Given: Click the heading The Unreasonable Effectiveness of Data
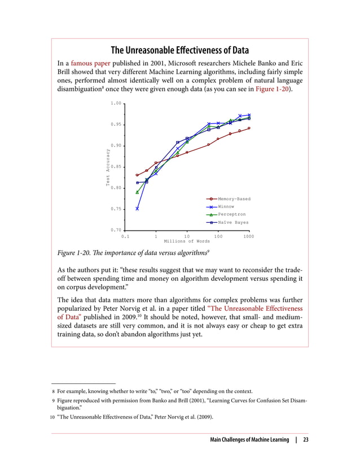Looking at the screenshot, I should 179,49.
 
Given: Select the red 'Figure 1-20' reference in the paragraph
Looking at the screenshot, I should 273,90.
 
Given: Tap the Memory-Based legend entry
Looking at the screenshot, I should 234,199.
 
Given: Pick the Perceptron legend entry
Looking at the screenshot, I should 231,215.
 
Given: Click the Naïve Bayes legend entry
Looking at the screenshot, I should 232,223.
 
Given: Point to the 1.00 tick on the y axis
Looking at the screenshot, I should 116,103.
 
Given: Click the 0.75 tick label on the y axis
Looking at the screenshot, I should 116,209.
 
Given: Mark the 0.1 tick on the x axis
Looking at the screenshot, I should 125,236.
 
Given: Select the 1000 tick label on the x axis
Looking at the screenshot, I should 248,236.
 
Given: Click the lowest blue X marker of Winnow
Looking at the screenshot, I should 137,209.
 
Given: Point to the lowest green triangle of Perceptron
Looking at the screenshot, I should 137,192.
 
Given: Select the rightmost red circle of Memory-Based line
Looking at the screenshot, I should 249,128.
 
